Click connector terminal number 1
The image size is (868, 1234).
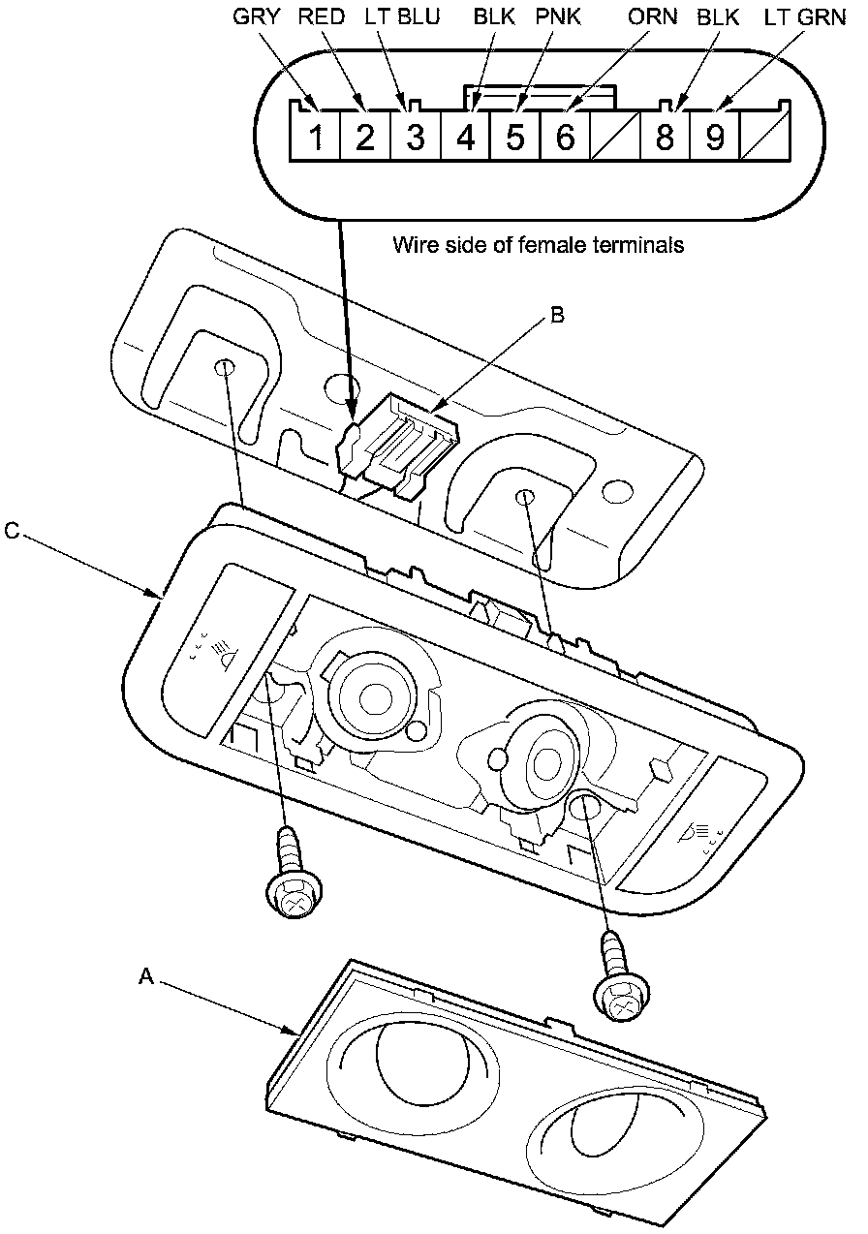[316, 138]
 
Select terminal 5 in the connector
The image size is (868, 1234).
[515, 138]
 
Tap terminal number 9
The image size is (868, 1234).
[714, 138]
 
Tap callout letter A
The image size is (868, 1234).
[145, 978]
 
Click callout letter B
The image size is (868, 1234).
[557, 315]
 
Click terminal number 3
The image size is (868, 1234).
[416, 138]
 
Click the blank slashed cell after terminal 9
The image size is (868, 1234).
[764, 138]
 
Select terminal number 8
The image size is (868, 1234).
[665, 138]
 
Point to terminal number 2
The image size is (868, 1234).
[365, 138]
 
